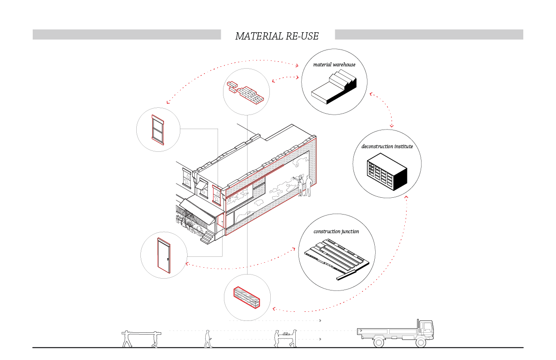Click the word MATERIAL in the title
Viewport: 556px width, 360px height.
coord(257,36)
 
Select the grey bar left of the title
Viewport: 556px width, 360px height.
coord(127,34)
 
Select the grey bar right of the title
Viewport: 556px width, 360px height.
coord(429,34)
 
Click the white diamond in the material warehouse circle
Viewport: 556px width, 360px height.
coord(328,91)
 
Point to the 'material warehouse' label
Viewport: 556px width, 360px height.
coord(334,65)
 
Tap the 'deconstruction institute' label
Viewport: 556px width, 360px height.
coord(387,147)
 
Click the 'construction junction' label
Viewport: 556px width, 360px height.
coord(336,232)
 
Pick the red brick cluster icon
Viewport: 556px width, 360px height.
coord(245,91)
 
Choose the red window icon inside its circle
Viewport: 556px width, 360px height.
coord(158,130)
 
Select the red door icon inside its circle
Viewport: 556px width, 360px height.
coord(164,255)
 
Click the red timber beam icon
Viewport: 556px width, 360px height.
coord(247,298)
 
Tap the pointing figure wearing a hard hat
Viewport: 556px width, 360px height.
coord(299,185)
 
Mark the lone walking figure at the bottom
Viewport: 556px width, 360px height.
coord(208,339)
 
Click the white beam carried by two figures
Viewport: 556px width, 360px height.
coord(141,334)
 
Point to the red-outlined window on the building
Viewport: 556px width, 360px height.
coord(216,195)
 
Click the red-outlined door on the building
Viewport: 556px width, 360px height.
coord(221,220)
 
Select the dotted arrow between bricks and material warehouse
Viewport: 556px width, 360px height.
coord(285,78)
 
